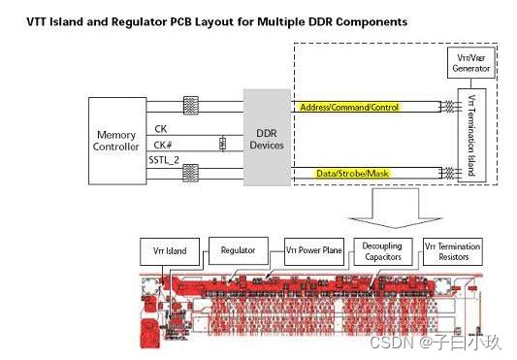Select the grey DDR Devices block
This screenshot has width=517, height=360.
point(267,138)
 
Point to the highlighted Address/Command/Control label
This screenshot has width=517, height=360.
point(349,108)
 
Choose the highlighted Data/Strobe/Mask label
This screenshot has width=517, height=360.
point(352,174)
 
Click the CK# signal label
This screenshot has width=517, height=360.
point(163,145)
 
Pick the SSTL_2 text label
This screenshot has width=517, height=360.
point(164,160)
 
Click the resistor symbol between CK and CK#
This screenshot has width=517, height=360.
point(222,144)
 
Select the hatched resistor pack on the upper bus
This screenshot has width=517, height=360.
point(191,106)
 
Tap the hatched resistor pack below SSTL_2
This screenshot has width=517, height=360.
point(191,173)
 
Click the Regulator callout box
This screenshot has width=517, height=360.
point(239,250)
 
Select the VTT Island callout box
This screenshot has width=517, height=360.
point(170,251)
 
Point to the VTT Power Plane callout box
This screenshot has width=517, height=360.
point(314,250)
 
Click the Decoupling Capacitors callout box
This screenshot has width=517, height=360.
point(383,251)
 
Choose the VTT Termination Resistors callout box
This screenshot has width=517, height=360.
point(453,251)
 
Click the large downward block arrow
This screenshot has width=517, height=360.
point(396,208)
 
